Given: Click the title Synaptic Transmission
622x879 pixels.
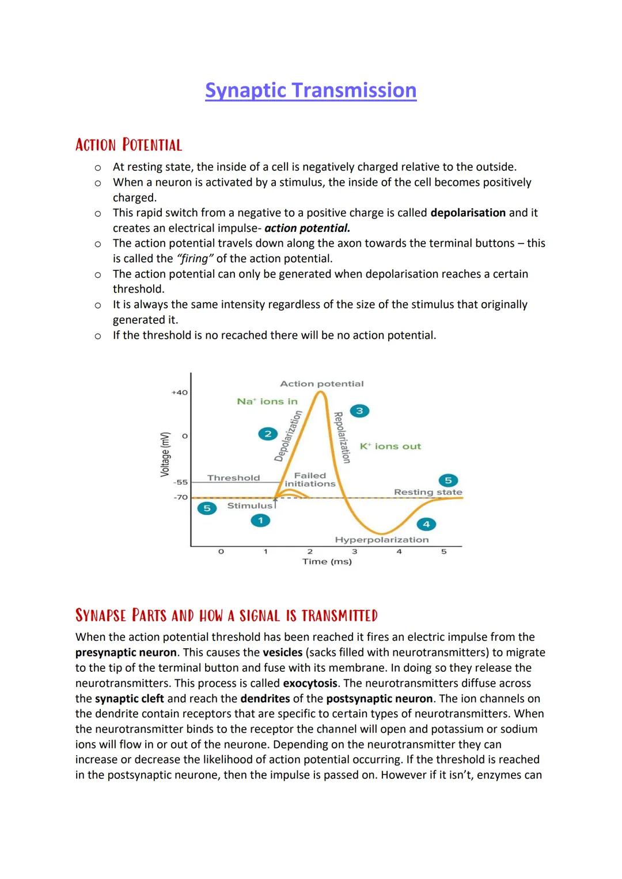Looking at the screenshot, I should point(310,90).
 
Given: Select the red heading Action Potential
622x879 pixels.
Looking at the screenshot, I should point(128,144).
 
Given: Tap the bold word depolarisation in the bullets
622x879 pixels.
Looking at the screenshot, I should point(468,213).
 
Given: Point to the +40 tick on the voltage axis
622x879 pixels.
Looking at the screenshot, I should point(180,392).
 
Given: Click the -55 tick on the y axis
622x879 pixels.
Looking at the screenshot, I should point(180,482).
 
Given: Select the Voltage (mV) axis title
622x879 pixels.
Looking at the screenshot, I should point(165,454).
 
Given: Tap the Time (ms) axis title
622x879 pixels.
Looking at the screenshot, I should point(327,561).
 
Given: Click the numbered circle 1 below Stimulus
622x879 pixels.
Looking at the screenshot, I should point(260,521).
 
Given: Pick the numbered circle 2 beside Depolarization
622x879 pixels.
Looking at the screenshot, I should point(267,434).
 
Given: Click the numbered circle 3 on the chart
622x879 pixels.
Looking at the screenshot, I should point(359,411).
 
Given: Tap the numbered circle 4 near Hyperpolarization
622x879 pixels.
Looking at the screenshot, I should point(426,524).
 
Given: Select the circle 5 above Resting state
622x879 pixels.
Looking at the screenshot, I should point(448,480).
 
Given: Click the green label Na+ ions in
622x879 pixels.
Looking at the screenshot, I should point(267,402).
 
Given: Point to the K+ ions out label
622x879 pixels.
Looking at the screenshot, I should point(390,446).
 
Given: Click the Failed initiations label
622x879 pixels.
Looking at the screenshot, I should point(310,480).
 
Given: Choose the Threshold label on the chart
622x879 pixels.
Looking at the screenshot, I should point(233,478).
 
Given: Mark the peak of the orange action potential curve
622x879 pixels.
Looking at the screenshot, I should point(321,392).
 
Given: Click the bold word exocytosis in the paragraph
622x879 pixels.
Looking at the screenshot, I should point(310,683).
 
